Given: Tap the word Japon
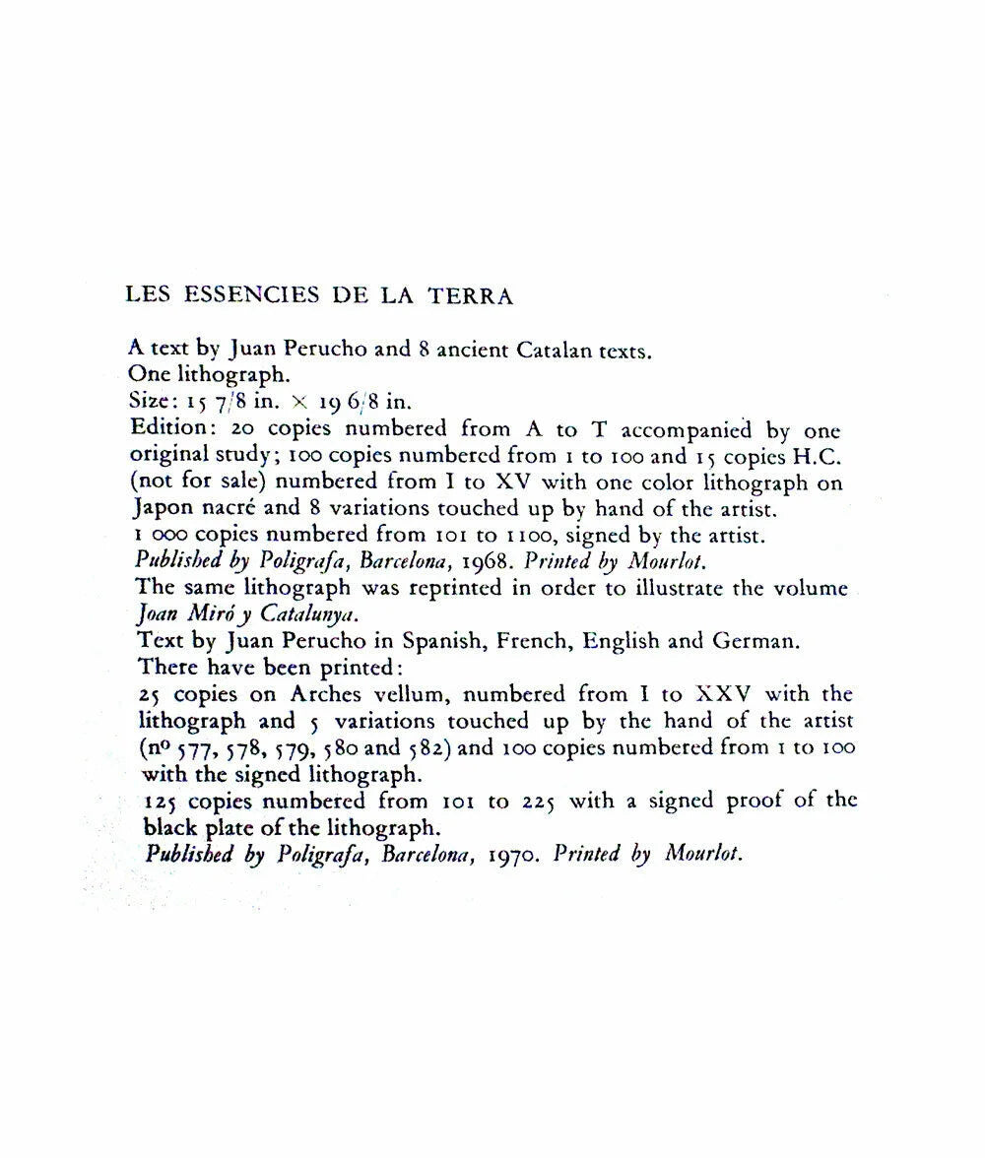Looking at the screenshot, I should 162,510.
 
